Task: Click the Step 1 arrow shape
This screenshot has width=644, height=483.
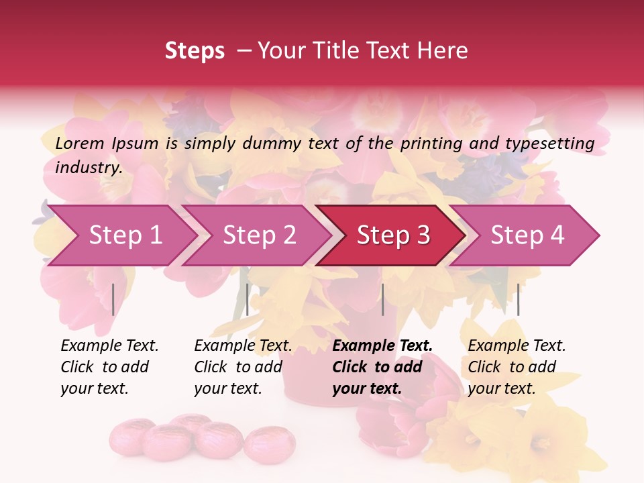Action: [x=121, y=235]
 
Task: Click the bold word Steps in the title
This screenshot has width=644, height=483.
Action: [x=195, y=51]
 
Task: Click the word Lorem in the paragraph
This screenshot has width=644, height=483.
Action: [x=79, y=143]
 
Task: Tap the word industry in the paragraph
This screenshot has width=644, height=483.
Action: [x=88, y=167]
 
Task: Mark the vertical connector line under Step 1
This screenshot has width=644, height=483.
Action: [x=113, y=299]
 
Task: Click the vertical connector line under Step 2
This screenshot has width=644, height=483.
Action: [x=248, y=299]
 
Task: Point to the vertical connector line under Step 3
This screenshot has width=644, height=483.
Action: [x=382, y=299]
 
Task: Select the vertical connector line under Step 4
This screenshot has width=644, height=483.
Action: [x=518, y=299]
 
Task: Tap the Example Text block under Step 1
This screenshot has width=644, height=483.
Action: [x=109, y=367]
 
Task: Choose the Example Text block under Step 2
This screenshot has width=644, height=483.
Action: [x=242, y=367]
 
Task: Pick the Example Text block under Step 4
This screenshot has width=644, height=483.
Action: [x=516, y=367]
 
